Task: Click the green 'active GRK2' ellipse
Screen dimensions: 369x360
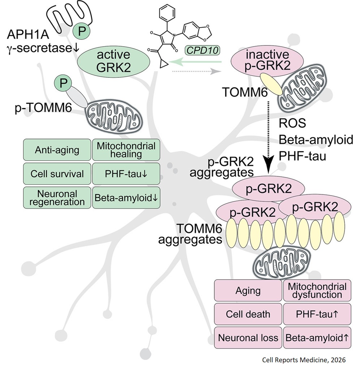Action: coord(114,61)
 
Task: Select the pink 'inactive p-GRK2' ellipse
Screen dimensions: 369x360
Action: coord(268,60)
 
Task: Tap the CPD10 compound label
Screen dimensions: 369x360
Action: coord(202,50)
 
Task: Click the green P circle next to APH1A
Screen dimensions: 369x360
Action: coord(82,31)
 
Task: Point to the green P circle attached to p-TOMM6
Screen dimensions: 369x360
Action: coord(63,83)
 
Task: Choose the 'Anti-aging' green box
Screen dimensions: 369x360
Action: coord(57,150)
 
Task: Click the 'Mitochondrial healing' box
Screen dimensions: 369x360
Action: coord(126,150)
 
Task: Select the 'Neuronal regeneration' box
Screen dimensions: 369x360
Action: coord(57,198)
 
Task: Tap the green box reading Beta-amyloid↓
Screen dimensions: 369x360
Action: coord(126,198)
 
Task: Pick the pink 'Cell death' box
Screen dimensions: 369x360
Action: coord(248,314)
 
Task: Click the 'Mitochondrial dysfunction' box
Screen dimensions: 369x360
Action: coord(317,290)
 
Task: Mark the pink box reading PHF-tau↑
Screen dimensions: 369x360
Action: coord(317,314)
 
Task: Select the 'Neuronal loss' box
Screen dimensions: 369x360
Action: coord(248,338)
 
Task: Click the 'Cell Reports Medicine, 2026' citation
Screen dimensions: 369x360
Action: coord(304,360)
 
